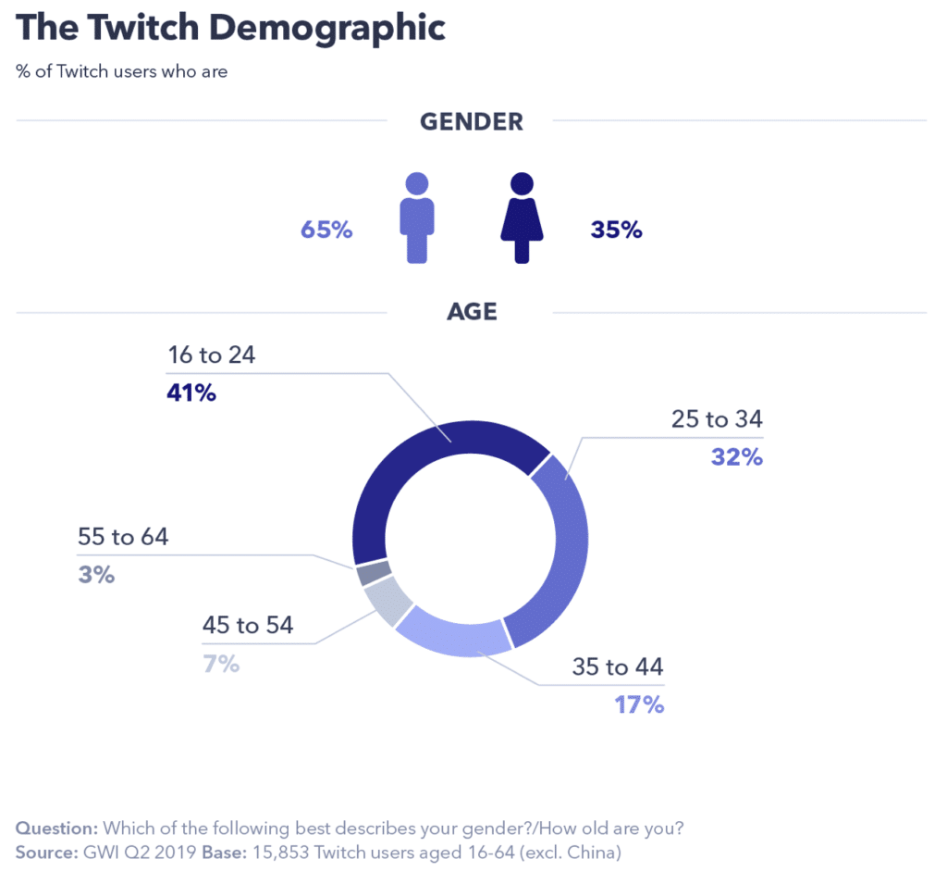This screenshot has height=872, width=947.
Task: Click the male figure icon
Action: pos(416,218)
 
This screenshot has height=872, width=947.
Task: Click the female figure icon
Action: pos(523,218)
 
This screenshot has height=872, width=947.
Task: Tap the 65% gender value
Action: pos(326,230)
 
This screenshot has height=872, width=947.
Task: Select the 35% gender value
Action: pos(616,230)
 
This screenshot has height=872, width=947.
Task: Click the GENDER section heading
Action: pos(471,121)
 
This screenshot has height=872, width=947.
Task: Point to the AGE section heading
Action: pos(472,312)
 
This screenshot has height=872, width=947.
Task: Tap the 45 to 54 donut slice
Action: pos(389,601)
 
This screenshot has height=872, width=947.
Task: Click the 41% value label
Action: pos(191,392)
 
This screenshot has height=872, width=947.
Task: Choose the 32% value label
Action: pos(736,456)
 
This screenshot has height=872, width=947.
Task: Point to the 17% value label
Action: pos(639,704)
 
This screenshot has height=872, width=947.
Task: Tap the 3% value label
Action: pos(96,575)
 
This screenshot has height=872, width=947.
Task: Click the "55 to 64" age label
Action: pos(124,536)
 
